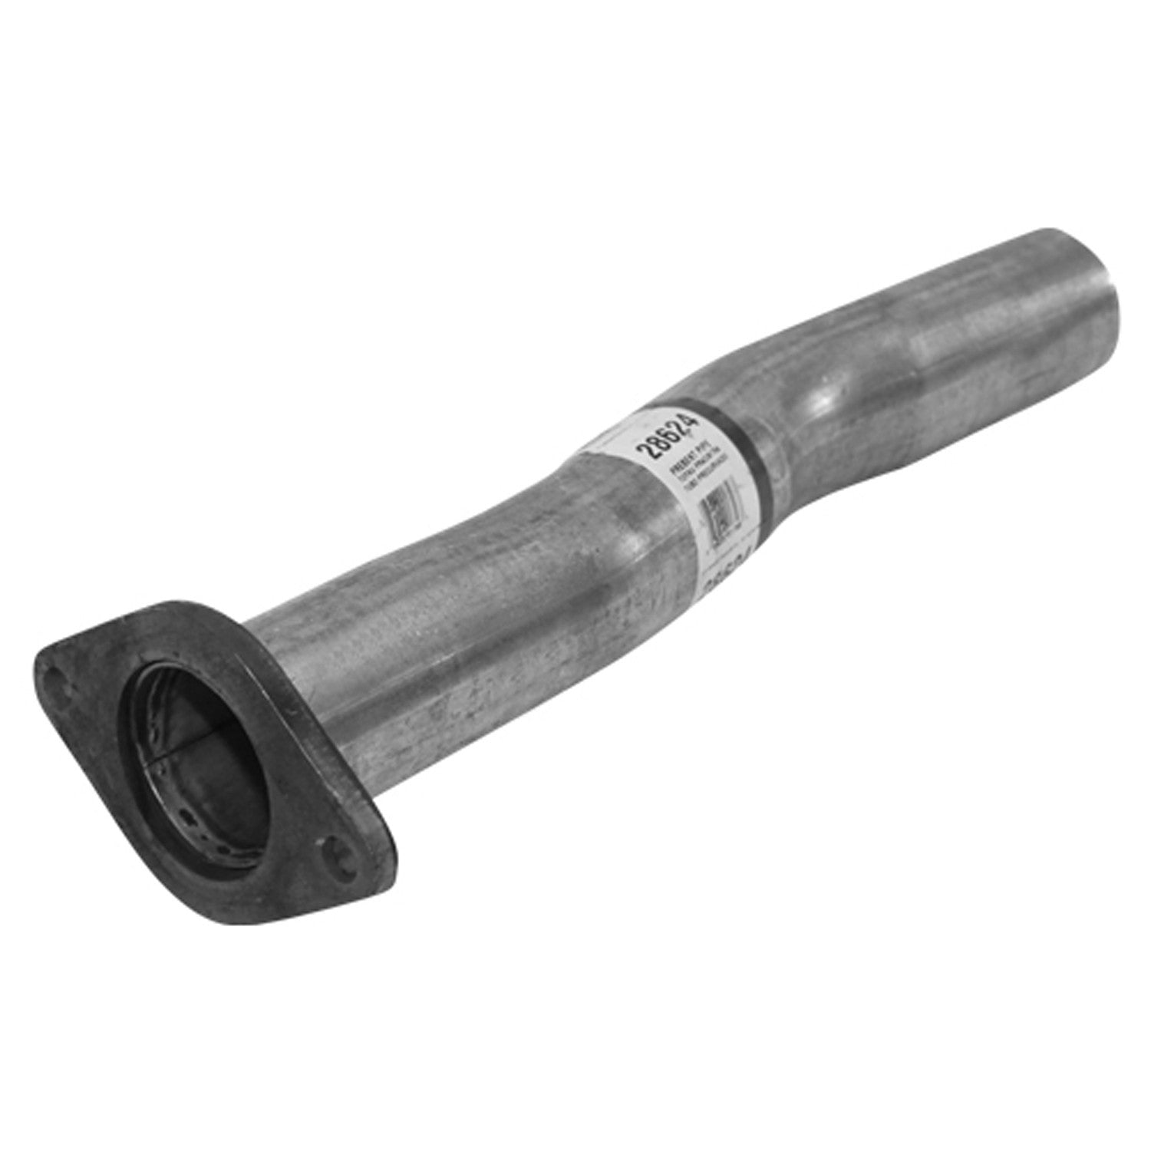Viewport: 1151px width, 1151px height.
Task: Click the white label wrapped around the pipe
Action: tap(675, 483)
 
